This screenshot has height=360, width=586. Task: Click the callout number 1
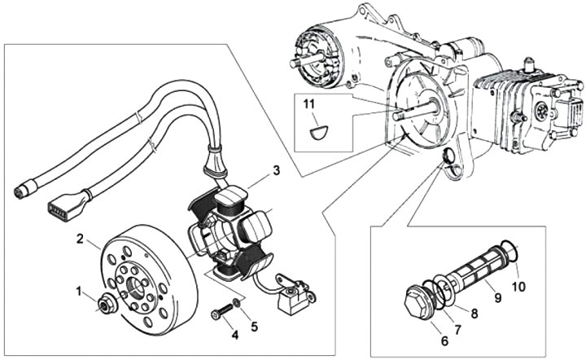click(79, 291)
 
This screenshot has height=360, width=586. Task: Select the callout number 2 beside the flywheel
click(80, 239)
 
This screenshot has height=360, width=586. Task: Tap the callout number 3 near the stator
click(276, 170)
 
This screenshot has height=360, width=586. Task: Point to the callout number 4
click(234, 335)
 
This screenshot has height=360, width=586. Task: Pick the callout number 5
click(254, 327)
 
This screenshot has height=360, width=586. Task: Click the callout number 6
click(444, 341)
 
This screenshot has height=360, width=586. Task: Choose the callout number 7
click(457, 329)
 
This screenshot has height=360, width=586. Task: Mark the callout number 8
click(474, 314)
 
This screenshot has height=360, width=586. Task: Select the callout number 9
click(497, 297)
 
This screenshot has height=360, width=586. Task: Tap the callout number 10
click(518, 287)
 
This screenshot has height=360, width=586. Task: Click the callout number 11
click(309, 104)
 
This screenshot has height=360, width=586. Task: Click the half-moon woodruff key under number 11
click(319, 132)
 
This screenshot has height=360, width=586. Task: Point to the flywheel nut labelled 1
click(107, 305)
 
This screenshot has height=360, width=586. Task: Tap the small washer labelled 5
click(236, 301)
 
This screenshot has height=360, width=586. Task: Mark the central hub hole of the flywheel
click(137, 287)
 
